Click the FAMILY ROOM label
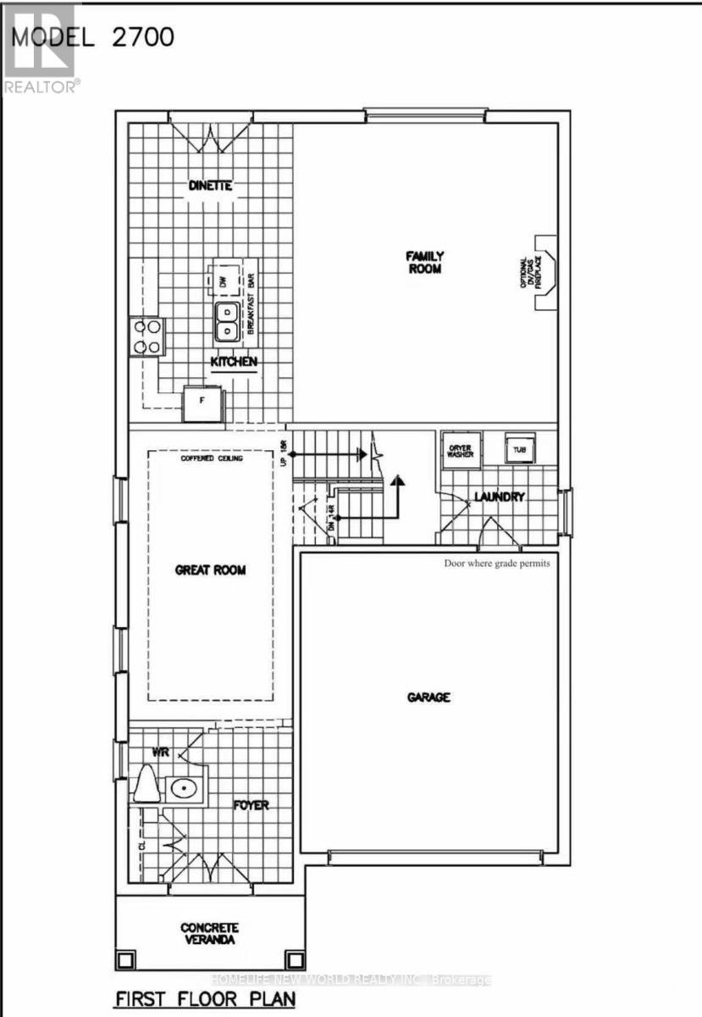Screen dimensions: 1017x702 click(424, 262)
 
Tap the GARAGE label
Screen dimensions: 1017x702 click(428, 697)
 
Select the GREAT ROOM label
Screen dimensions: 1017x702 click(211, 570)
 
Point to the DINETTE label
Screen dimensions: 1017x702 click(209, 186)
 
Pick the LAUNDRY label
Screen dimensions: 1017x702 click(500, 497)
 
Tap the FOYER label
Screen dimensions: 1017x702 click(251, 804)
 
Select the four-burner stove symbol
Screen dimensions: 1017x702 click(146, 336)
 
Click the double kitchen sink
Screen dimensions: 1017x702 click(226, 322)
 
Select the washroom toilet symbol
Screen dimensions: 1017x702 click(146, 785)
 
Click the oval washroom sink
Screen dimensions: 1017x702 click(182, 788)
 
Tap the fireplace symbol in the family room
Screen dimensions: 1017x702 click(545, 272)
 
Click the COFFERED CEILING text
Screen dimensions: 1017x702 click(212, 458)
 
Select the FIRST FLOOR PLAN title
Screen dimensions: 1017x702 click(205, 999)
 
